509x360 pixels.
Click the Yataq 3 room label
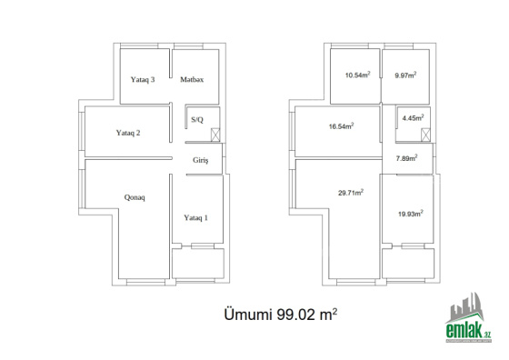click(x=143, y=79)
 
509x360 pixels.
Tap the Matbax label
click(x=192, y=79)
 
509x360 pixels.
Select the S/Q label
click(x=197, y=120)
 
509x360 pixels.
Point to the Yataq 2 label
click(x=128, y=133)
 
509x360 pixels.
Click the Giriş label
click(x=200, y=160)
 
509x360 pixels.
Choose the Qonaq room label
click(x=135, y=197)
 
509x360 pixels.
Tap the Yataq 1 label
click(x=195, y=217)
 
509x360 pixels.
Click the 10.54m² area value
click(x=358, y=75)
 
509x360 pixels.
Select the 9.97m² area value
click(x=405, y=75)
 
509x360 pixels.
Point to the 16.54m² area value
click(x=341, y=126)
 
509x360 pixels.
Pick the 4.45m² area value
click(x=413, y=118)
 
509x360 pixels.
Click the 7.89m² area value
click(x=406, y=158)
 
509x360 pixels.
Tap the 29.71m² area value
click(x=351, y=193)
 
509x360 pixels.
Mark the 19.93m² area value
click(x=410, y=214)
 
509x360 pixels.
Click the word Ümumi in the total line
click(x=247, y=315)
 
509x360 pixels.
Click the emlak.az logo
click(x=468, y=317)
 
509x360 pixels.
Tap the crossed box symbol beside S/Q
click(x=215, y=135)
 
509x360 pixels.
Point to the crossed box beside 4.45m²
click(x=425, y=135)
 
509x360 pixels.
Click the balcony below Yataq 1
click(x=198, y=264)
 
